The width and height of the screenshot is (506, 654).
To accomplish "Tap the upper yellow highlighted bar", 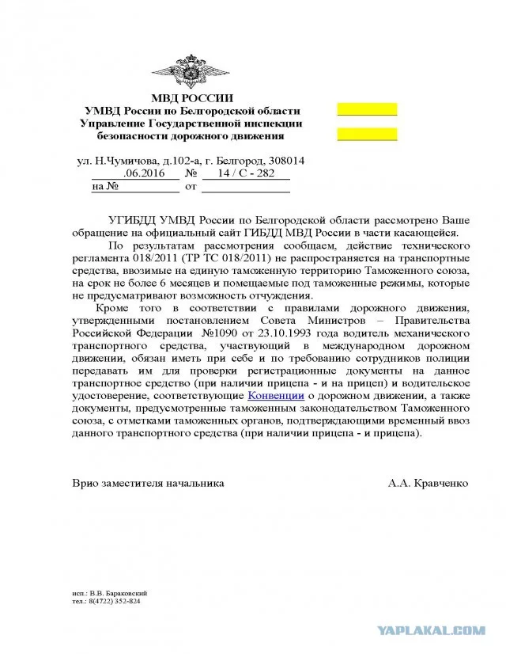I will coord(367,110).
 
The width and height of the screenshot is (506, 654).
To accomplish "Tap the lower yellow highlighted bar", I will coord(367,133).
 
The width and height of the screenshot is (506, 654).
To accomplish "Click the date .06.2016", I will coord(150,174).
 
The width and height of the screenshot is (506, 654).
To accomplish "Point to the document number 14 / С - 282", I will coord(244,174).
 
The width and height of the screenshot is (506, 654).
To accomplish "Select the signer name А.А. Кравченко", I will coord(428,481).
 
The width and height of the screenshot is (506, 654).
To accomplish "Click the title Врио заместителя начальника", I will coord(147,481).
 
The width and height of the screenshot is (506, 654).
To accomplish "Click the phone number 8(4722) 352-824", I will coord(115,601).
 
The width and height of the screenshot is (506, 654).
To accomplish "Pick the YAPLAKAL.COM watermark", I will coord(444,631).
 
